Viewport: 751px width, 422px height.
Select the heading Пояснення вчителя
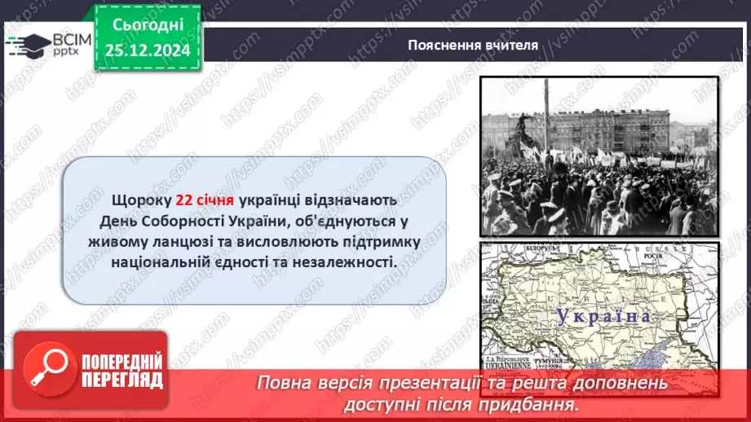(472, 45)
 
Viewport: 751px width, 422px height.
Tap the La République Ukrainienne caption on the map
(514, 363)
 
